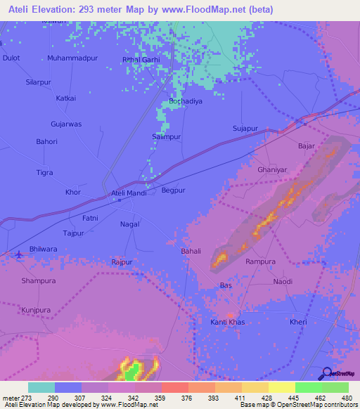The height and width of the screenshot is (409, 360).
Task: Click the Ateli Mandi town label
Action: pos(129,193)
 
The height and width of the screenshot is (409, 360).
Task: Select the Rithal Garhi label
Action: pos(141,60)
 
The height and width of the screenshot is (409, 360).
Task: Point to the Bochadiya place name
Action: pos(186,102)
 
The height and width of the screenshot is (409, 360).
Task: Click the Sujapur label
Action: pos(246,129)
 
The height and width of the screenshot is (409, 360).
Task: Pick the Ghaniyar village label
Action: pos(273,170)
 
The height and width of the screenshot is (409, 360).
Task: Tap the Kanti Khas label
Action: pos(228,322)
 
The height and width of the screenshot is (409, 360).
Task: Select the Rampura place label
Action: pos(260,261)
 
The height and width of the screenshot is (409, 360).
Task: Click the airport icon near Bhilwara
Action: pos(18,254)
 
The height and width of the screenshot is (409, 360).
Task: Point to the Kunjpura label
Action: pos(37,309)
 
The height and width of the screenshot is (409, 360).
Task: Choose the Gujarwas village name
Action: pos(66,124)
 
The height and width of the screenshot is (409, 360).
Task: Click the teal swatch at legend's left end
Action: pos(41,387)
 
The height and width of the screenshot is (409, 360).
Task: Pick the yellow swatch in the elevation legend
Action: pos(281,387)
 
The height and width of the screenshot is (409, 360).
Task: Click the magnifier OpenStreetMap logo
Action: pos(326,374)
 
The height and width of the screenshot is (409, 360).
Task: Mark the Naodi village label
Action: pos(283,281)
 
